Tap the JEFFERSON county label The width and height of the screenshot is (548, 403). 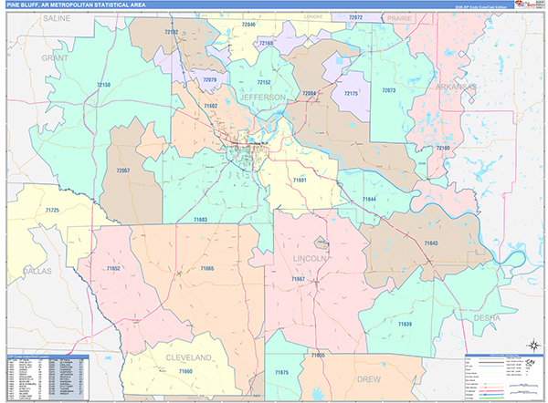(263, 96)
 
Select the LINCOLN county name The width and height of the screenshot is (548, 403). (309, 258)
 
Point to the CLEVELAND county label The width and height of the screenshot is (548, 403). (188, 356)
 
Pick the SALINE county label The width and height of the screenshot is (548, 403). (56, 17)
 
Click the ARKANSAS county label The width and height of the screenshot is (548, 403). (455, 87)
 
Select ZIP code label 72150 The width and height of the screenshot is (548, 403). (104, 85)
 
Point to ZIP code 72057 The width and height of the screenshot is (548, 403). (123, 170)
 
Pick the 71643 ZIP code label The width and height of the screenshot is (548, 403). (430, 243)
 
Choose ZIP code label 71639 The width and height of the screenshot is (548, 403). (404, 324)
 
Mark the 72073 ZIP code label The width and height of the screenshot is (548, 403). (389, 90)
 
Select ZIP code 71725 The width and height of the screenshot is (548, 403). (51, 211)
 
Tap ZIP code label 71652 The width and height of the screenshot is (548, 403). (113, 269)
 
